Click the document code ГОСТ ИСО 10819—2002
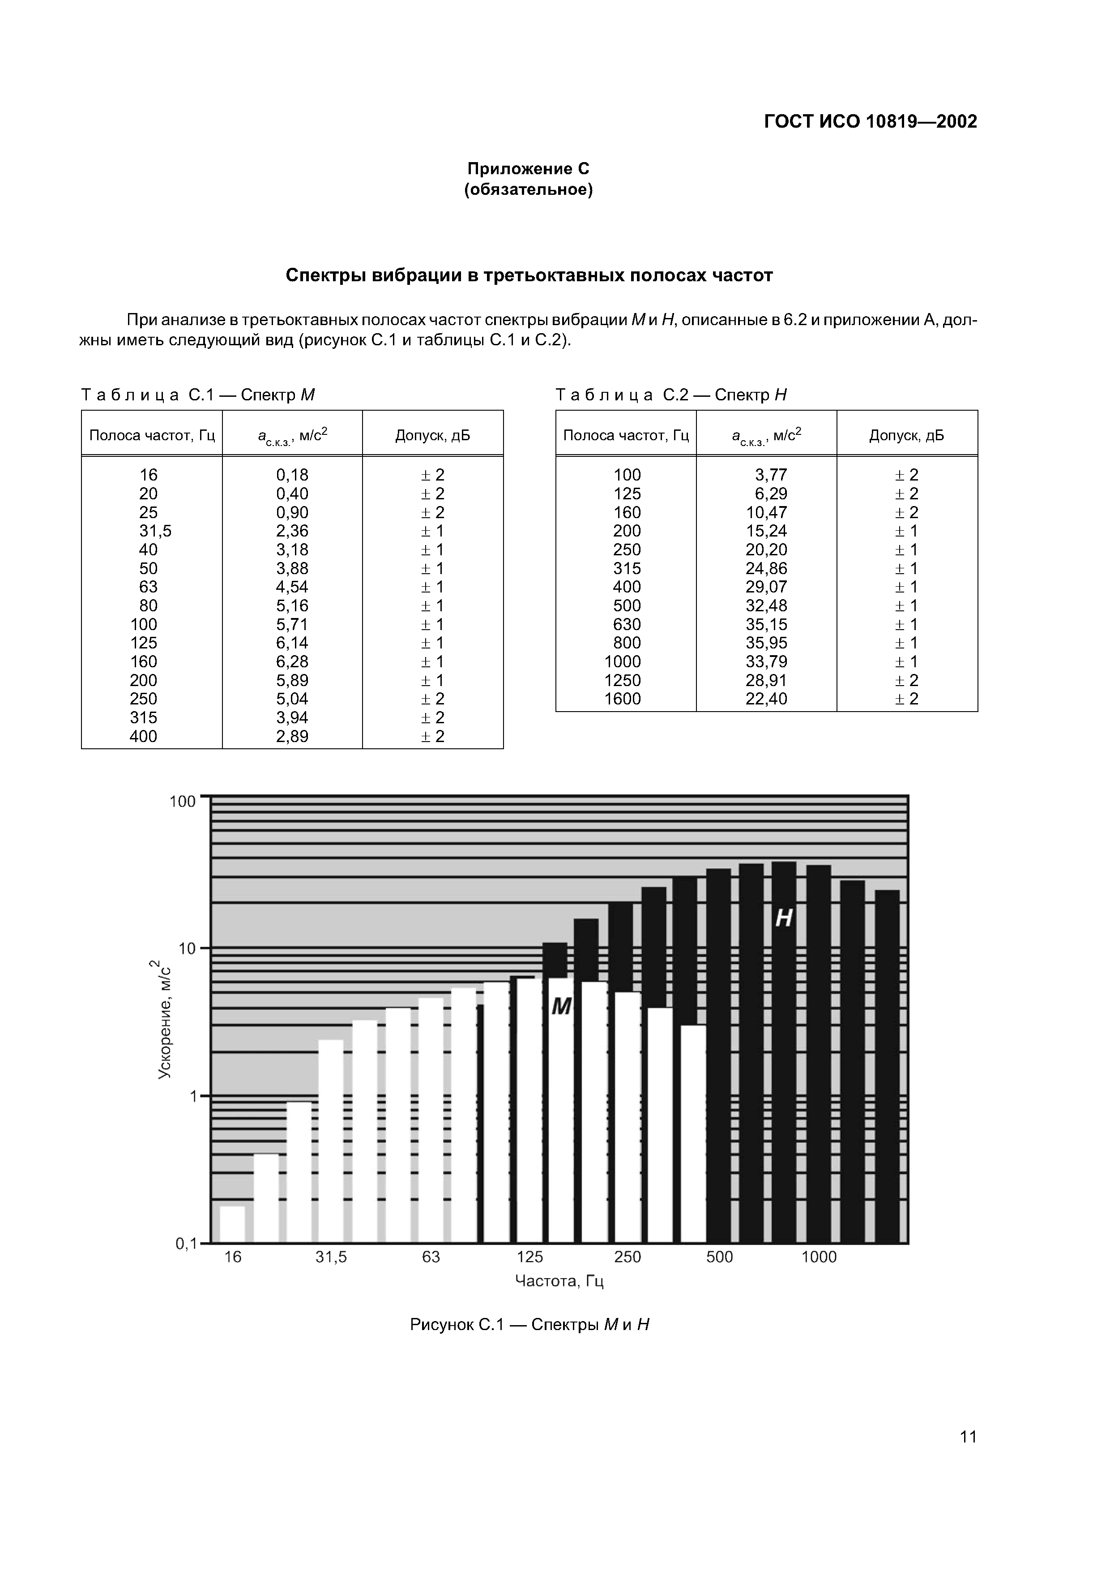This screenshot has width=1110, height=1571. (870, 122)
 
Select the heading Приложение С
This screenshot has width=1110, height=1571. (528, 168)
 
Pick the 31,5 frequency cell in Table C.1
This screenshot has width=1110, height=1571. (156, 531)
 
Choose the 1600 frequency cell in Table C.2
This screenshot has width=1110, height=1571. (623, 699)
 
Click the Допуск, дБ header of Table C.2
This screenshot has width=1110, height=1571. (906, 436)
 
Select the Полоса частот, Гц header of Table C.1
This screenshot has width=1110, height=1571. (152, 436)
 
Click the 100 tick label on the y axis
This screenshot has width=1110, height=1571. (183, 801)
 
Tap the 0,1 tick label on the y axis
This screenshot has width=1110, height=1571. (186, 1244)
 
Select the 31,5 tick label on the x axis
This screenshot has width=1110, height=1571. (331, 1257)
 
